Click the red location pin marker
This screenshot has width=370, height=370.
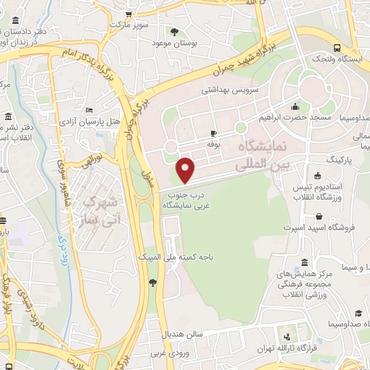coord(186,171)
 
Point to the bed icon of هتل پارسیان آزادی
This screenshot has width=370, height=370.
coord(90,109)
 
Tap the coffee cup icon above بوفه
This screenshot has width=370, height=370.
coord(213,133)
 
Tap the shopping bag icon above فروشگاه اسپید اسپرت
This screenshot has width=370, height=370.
coord(319,215)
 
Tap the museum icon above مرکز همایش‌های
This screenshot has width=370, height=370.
coord(304,262)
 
